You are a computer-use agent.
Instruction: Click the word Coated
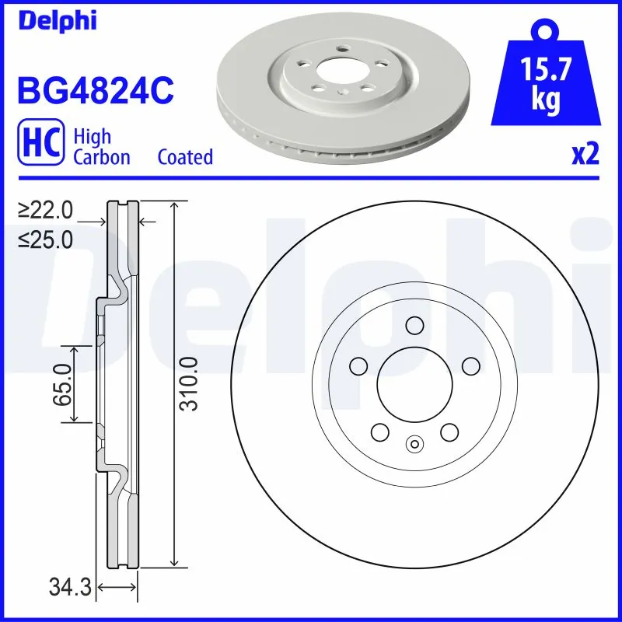pos(185,157)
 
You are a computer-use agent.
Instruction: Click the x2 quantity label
pos(585,155)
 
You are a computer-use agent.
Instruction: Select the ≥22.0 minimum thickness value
pos(46,210)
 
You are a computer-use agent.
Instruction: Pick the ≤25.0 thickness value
pos(46,239)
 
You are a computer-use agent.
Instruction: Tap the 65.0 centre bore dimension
pos(63,384)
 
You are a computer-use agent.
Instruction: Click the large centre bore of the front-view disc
pos(414,382)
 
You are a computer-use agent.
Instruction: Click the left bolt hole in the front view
pos(358,365)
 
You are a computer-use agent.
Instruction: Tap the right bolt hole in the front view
pos(469,365)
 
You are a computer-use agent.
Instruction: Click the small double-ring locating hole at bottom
pos(414,444)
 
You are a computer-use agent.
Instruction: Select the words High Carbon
pos(101,146)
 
